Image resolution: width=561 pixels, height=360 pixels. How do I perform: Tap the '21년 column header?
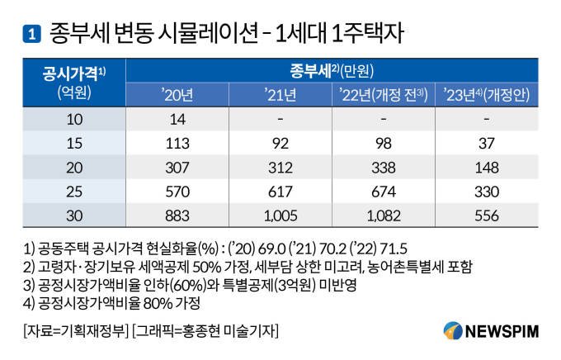(280, 95)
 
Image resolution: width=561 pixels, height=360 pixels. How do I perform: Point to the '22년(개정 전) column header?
(382, 95)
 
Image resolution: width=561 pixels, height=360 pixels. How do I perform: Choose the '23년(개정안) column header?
(487, 95)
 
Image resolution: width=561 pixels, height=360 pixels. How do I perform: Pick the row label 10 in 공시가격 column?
(74, 120)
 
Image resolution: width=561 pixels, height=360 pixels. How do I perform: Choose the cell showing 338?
(382, 168)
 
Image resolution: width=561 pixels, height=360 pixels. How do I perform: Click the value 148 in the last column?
(487, 168)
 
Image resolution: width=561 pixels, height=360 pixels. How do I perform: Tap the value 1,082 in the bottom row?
(382, 216)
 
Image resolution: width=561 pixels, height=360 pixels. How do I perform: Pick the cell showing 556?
(487, 216)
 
